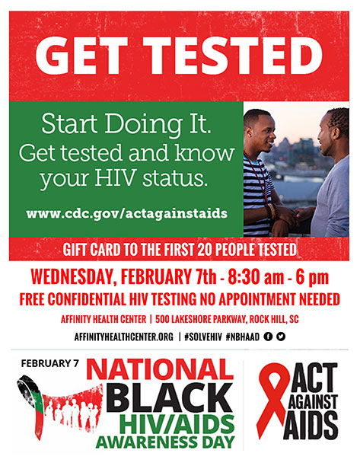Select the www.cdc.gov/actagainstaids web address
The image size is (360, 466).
click(127, 214)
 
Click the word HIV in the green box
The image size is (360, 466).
click(116, 178)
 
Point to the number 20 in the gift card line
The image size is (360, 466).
click(205, 250)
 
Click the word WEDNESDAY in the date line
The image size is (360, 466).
click(72, 278)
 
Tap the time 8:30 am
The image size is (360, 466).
click(256, 278)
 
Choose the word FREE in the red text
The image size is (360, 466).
click(32, 299)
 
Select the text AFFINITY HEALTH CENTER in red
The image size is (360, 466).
click(104, 320)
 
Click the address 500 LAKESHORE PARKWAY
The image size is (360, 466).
click(201, 320)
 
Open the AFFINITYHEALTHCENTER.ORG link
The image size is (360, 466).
click(124, 337)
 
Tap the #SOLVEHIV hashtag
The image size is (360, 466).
click(203, 337)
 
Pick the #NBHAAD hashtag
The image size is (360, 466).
click(242, 337)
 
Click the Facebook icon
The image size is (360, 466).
click(268, 337)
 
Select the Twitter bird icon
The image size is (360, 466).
click(281, 337)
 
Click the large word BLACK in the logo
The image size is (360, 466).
click(170, 397)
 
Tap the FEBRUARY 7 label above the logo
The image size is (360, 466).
click(50, 363)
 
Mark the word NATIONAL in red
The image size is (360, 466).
click(160, 369)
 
